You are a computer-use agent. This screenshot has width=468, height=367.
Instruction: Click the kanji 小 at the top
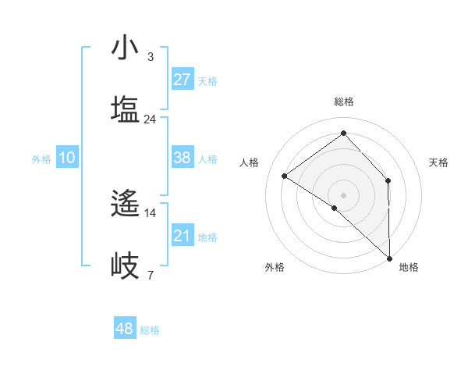[125, 48]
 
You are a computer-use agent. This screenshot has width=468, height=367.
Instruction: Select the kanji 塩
[125, 109]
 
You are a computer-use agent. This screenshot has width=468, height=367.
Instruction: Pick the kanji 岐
[125, 265]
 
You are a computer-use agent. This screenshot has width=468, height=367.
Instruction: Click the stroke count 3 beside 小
[150, 56]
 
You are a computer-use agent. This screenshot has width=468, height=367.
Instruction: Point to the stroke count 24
[150, 119]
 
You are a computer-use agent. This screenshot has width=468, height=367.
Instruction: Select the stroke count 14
[150, 212]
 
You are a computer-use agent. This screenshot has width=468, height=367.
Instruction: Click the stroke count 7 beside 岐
[150, 275]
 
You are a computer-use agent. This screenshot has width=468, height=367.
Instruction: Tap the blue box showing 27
[182, 80]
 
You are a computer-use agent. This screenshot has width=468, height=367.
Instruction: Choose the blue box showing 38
[182, 158]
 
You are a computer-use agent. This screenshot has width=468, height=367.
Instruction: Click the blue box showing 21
[182, 236]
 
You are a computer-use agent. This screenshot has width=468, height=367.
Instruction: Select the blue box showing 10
[66, 158]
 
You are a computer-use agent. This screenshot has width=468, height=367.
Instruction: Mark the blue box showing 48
[124, 329]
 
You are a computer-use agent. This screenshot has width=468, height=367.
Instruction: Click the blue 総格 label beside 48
[150, 330]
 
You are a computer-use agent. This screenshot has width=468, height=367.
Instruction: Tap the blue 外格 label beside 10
[41, 159]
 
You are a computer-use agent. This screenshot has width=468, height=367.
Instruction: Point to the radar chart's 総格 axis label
[343, 102]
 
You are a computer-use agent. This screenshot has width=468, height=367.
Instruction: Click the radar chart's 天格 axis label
[439, 162]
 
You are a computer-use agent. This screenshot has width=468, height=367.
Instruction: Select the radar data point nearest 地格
[389, 257]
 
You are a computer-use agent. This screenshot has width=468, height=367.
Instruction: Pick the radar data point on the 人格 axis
[285, 176]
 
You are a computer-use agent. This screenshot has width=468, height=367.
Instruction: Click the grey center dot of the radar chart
[343, 194]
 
